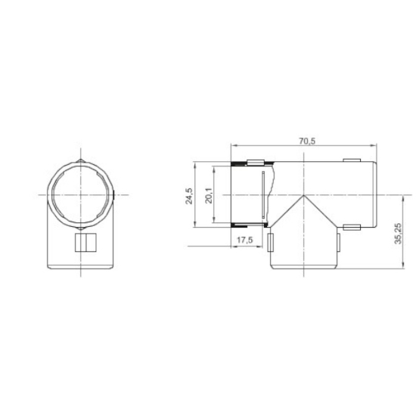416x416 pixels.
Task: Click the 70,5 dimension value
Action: pos(307,141)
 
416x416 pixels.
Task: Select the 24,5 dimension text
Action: pos(188,196)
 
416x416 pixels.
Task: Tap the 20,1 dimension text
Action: pos(209,196)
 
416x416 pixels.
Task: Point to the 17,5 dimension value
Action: pos(244,240)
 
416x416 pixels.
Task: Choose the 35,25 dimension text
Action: pos(398,234)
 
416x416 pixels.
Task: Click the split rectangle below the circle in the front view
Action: pos(86,243)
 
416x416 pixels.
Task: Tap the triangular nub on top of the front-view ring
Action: pos(81,161)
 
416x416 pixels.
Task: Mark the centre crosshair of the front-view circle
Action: pos(81,195)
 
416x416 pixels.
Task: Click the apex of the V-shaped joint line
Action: pos(303,196)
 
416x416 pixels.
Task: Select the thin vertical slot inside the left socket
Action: pos(263,194)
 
